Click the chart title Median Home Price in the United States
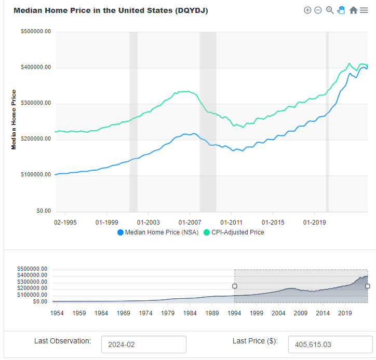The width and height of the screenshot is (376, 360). [111, 10]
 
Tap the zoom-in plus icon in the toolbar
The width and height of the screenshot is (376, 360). [307, 10]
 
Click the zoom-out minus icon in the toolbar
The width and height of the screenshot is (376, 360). [318, 10]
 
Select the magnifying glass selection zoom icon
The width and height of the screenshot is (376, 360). [330, 10]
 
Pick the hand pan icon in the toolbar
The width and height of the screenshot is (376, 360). [341, 10]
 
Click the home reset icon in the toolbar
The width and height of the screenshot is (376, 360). [353, 10]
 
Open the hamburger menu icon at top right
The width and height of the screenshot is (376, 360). [364, 10]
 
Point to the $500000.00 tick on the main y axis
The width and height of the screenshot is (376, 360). [36, 32]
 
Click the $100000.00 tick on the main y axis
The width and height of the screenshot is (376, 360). [36, 175]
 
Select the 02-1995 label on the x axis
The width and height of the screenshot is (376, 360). [65, 222]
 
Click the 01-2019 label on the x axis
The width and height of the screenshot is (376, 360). [314, 222]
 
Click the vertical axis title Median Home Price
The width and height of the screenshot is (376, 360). [14, 120]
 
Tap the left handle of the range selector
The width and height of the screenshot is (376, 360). [235, 286]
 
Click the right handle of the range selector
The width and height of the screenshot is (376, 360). [368, 286]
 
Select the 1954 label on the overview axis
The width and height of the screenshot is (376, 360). [57, 313]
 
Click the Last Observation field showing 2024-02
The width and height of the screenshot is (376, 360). [143, 344]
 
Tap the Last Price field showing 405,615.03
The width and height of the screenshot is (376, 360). [330, 344]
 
